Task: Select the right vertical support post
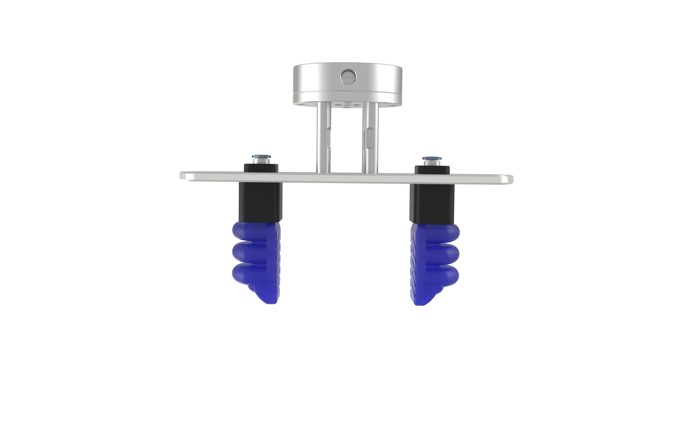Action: [x=370, y=139]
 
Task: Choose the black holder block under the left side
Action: [x=261, y=201]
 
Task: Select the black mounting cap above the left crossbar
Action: [x=261, y=167]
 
